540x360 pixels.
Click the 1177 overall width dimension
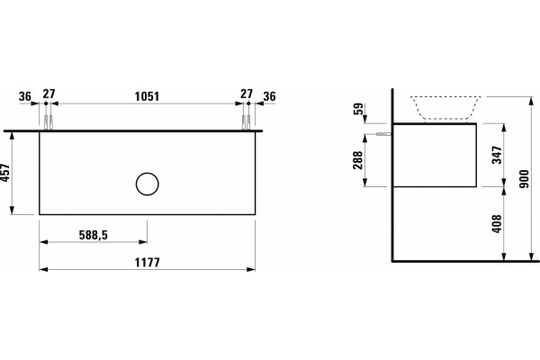[147, 263]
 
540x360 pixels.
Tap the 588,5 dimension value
[94, 235]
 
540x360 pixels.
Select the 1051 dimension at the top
[147, 96]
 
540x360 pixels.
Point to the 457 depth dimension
[6, 174]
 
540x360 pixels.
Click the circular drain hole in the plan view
[148, 184]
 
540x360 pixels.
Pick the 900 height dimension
[524, 179]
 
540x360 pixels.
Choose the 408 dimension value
[497, 223]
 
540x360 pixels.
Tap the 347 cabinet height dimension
[497, 155]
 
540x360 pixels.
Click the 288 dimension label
[358, 160]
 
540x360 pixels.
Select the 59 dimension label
[358, 109]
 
